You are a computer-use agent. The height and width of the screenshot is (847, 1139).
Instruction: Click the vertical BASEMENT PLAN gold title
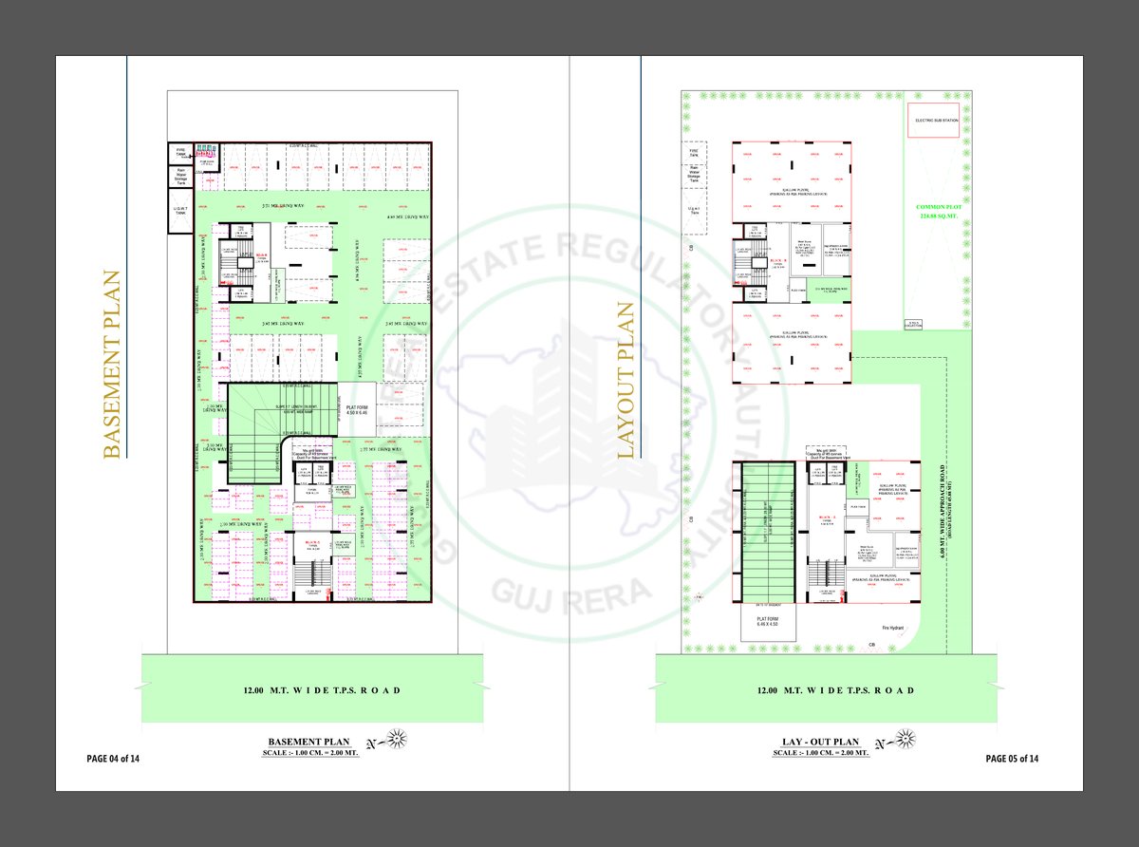click(113, 366)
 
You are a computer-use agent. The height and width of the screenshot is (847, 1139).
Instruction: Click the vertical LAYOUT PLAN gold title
click(626, 381)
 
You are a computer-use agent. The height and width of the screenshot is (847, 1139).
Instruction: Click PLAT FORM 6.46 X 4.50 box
click(768, 623)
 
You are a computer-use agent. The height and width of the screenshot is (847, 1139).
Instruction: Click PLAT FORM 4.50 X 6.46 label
click(357, 410)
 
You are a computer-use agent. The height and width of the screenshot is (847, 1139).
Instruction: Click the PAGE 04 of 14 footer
click(113, 759)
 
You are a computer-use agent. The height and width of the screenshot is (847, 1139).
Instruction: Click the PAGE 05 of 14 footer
click(1012, 759)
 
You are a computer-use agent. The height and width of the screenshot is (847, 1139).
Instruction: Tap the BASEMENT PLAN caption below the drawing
click(309, 742)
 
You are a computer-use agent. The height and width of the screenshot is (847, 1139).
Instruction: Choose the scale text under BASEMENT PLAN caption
click(309, 753)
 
